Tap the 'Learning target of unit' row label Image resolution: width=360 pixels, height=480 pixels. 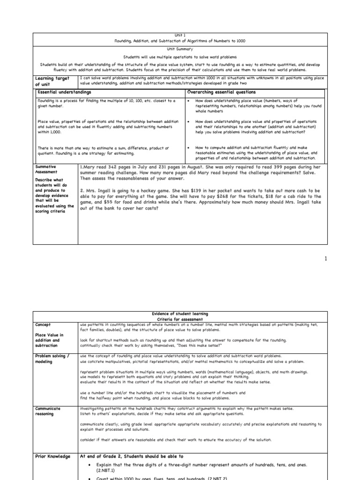point(49,81)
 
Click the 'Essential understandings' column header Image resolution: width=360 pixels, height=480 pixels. point(64,92)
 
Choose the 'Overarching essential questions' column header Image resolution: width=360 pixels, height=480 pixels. point(221,92)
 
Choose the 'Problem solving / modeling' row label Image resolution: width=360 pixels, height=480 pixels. point(52,359)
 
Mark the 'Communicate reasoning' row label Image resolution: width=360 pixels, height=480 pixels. point(49,411)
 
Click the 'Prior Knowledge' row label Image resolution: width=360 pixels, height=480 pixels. point(52,456)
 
